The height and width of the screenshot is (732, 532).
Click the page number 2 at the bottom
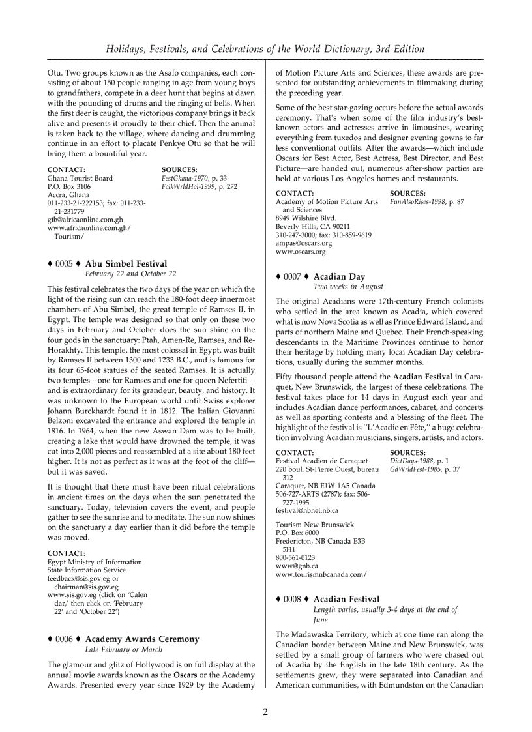[x=265, y=711]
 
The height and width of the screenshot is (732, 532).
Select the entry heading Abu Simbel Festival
[x=126, y=263]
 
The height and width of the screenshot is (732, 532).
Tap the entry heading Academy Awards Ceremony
[x=142, y=639]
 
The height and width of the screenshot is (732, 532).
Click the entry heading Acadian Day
[x=339, y=276]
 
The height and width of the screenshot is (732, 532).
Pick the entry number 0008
[x=292, y=599]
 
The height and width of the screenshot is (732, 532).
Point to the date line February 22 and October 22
[x=130, y=274]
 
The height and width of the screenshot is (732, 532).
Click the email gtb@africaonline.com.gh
[x=76, y=220]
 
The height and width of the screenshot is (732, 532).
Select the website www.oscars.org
[x=301, y=252]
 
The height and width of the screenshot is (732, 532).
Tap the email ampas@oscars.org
[x=303, y=243]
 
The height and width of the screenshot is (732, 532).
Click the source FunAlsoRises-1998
[x=417, y=202]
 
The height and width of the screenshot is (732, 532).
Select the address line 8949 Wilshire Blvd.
[x=306, y=218]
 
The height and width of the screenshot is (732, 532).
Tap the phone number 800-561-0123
[x=295, y=558]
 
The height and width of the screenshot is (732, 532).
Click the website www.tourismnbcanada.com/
[x=321, y=574]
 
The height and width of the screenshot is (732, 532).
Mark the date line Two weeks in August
[x=348, y=287]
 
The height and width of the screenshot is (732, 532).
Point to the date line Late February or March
[x=124, y=649]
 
